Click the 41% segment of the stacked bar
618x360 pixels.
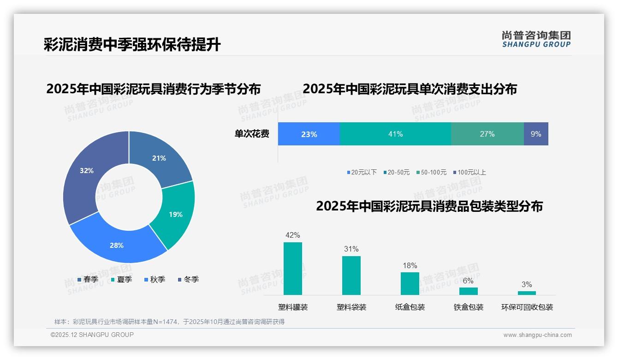click(395, 134)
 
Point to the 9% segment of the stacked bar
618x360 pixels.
click(536, 134)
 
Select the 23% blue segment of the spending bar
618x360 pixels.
click(309, 134)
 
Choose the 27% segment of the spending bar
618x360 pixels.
click(487, 134)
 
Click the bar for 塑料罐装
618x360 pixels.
click(293, 269)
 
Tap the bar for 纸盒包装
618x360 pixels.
click(410, 283)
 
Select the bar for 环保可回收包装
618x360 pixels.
click(527, 293)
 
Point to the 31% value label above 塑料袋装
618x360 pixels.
click(351, 249)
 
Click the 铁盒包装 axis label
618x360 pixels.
click(468, 307)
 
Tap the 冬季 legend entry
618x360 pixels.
click(188, 279)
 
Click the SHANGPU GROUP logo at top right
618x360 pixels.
click(536, 39)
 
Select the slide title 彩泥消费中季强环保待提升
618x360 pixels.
click(132, 45)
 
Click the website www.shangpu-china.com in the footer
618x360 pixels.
click(537, 335)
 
